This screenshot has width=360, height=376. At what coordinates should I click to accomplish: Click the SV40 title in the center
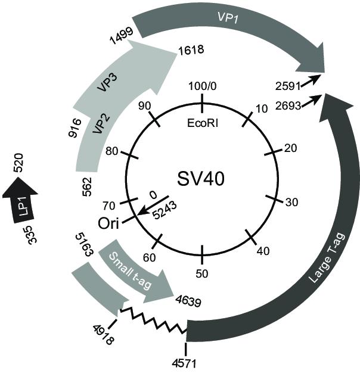pyautogui.click(x=201, y=179)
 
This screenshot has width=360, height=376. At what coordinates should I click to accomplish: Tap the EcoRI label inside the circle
pyautogui.click(x=203, y=123)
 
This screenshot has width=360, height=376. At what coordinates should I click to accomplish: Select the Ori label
pyautogui.click(x=108, y=223)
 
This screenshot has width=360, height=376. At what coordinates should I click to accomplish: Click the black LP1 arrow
pyautogui.click(x=20, y=200)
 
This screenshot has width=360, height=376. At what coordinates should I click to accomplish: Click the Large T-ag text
pyautogui.click(x=327, y=257)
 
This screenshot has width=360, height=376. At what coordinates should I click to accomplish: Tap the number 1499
pyautogui.click(x=122, y=36)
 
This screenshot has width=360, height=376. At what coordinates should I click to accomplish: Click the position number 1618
pyautogui.click(x=191, y=50)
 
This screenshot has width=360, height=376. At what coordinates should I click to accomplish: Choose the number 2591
pyautogui.click(x=288, y=86)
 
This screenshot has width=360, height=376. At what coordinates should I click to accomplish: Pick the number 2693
pyautogui.click(x=288, y=105)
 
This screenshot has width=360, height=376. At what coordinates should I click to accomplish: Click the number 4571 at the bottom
pyautogui.click(x=184, y=363)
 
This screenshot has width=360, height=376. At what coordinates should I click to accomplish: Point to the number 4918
pyautogui.click(x=104, y=334)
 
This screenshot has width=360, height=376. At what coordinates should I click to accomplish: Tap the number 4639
pyautogui.click(x=188, y=301)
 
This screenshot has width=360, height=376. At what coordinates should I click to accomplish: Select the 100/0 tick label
pyautogui.click(x=203, y=86)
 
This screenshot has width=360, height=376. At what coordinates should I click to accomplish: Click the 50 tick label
pyautogui.click(x=202, y=274)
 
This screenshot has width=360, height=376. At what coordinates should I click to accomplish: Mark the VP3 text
pyautogui.click(x=107, y=83)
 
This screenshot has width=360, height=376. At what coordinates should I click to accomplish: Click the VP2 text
pyautogui.click(x=101, y=124)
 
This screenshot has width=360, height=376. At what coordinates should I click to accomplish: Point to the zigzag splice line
pyautogui.click(x=154, y=321)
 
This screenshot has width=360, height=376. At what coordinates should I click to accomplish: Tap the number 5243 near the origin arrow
pyautogui.click(x=165, y=210)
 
